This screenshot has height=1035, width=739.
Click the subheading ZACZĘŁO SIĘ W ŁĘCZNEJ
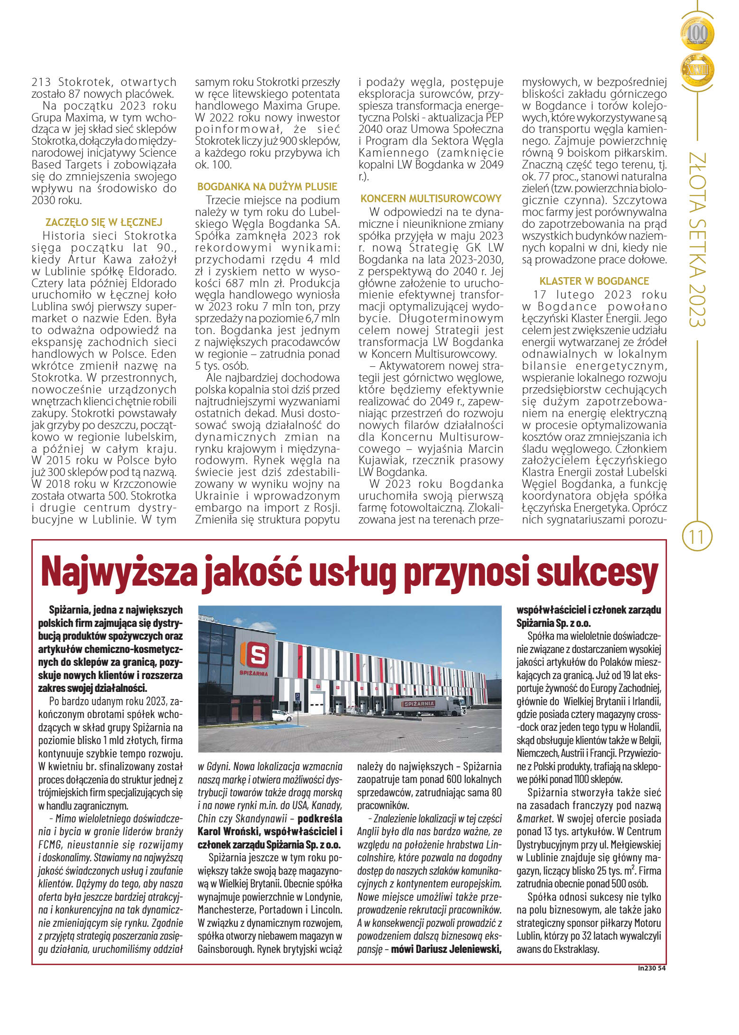pyautogui.click(x=104, y=222)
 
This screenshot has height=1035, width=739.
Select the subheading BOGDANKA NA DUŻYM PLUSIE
pyautogui.click(x=267, y=186)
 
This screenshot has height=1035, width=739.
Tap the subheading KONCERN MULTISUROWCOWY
pyautogui.click(x=431, y=198)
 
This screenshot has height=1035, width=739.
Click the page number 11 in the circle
pyautogui.click(x=696, y=537)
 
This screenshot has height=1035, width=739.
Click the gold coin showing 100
pyautogui.click(x=697, y=34)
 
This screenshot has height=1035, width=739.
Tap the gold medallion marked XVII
pyautogui.click(x=697, y=70)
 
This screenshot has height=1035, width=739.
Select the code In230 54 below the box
pyautogui.click(x=652, y=969)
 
